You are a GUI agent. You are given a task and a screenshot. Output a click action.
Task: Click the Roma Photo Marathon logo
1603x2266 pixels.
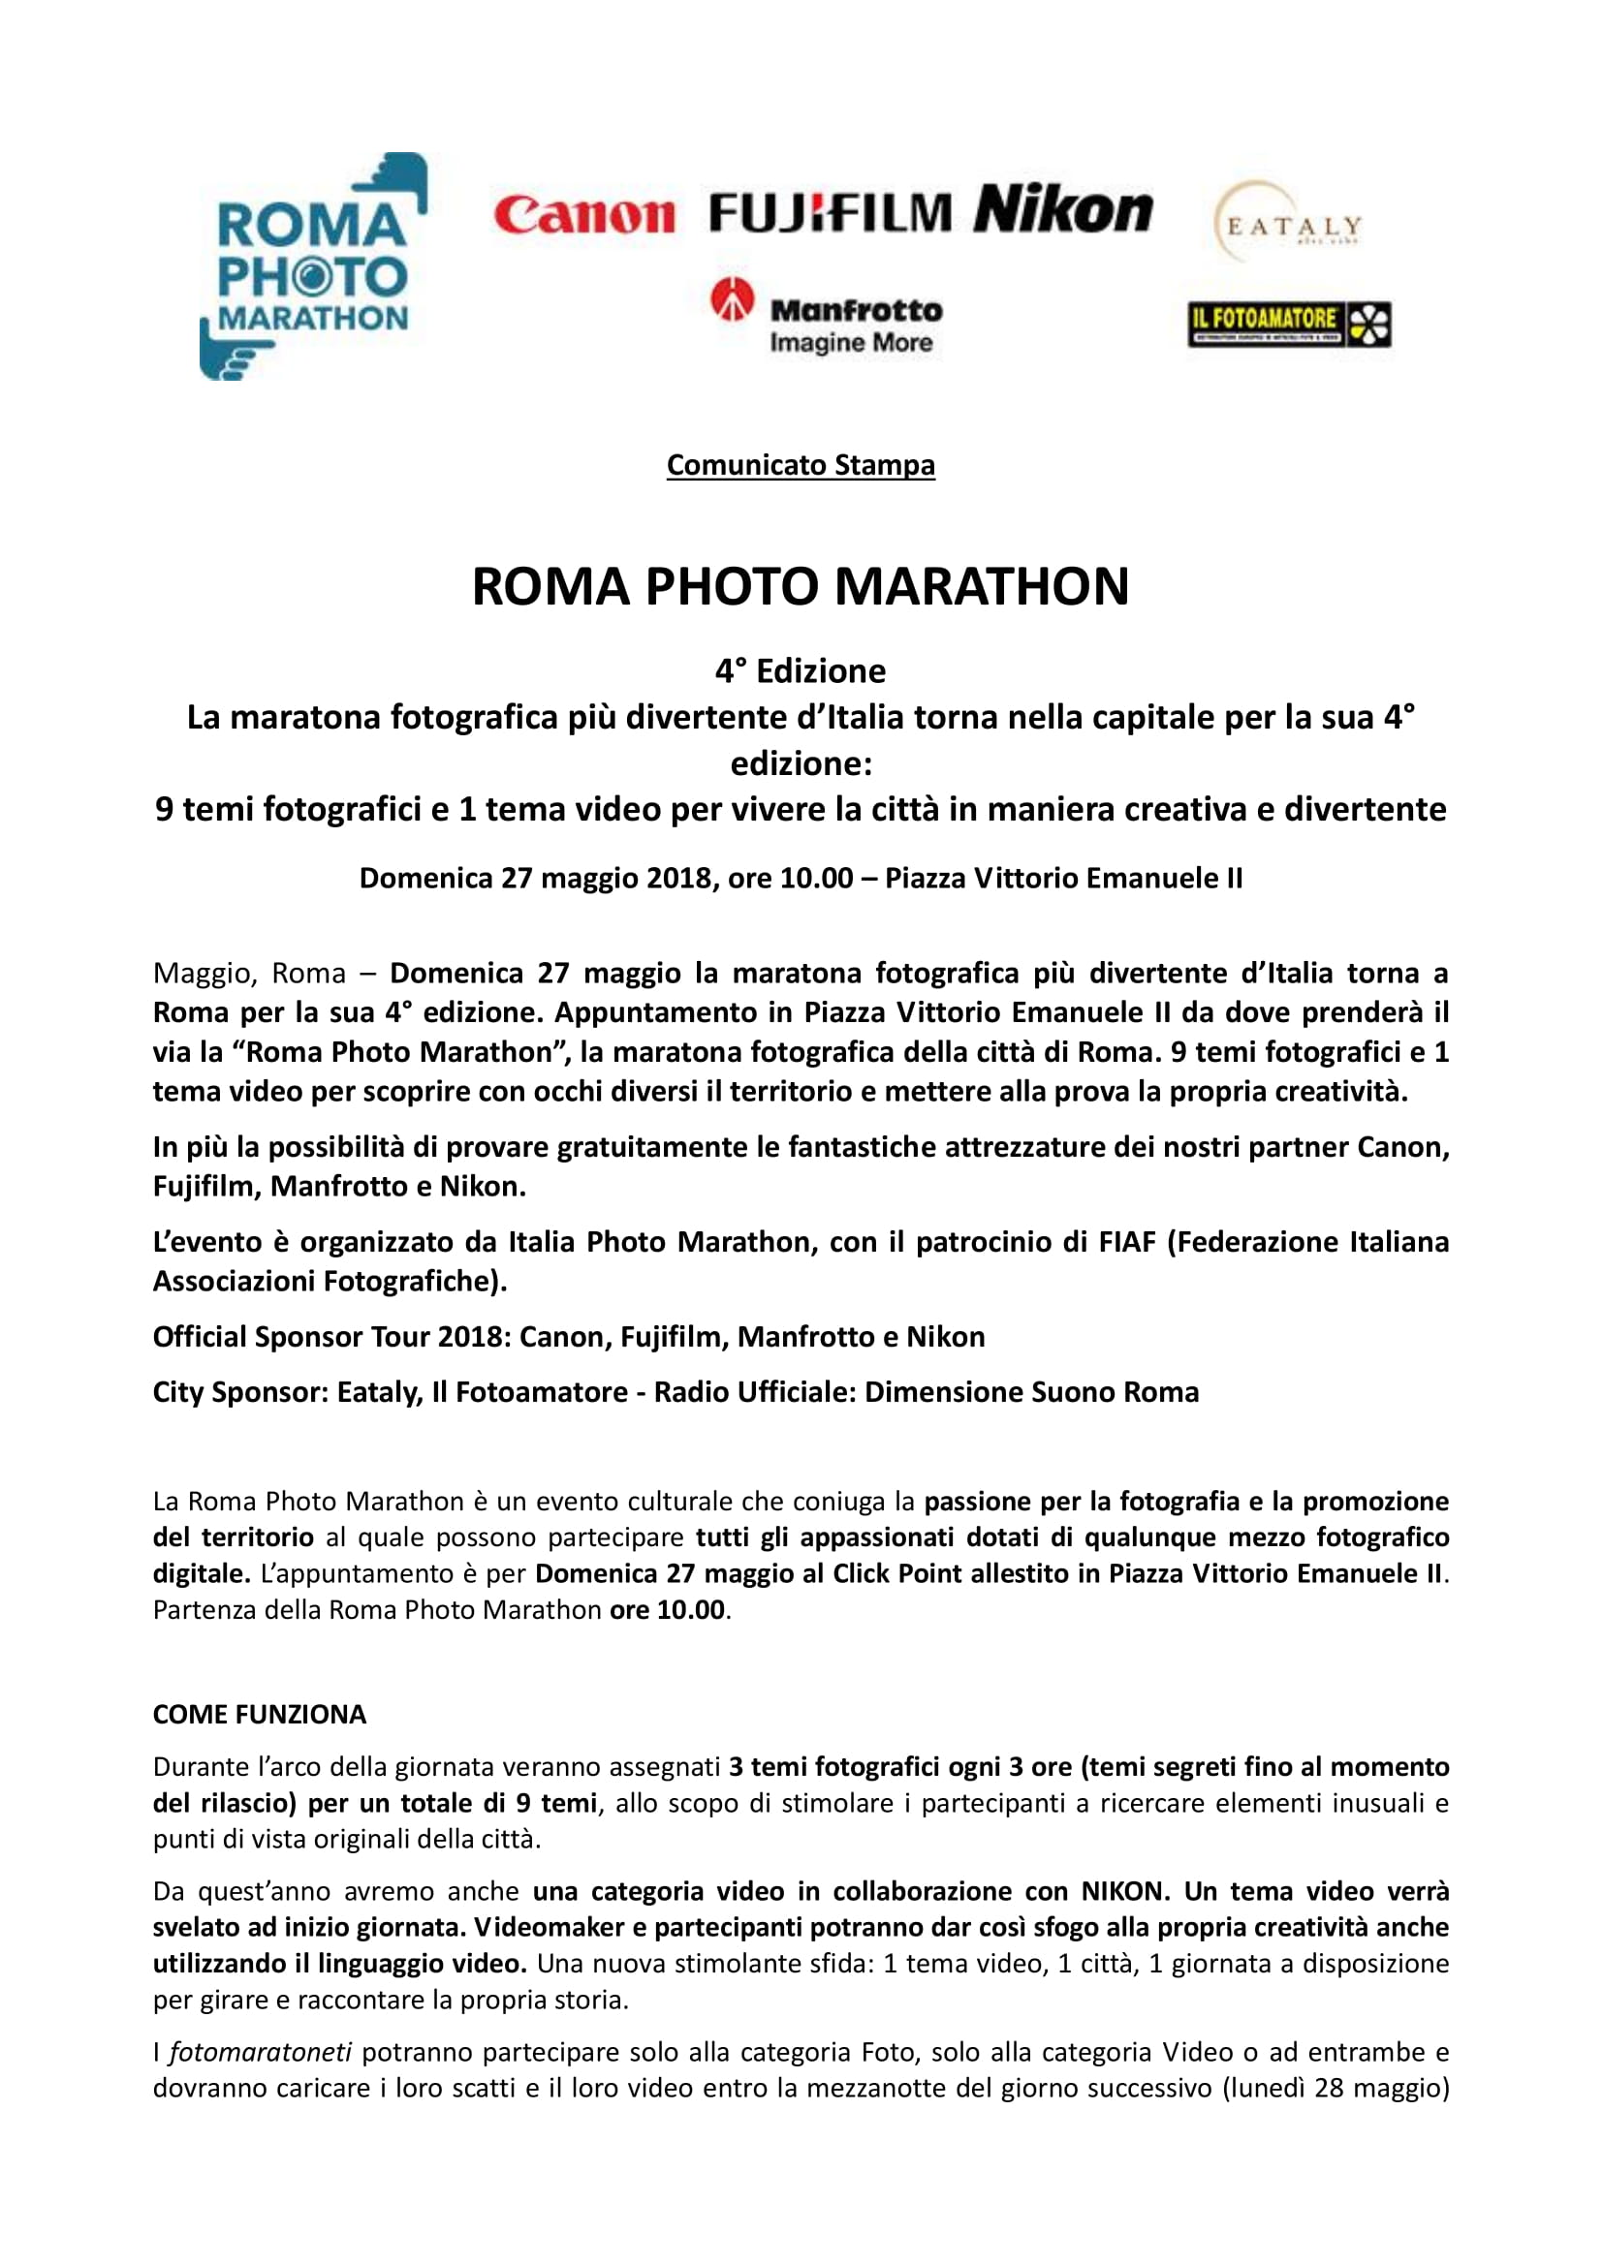pos(312,266)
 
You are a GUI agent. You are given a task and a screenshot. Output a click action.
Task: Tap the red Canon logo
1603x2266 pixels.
pos(583,214)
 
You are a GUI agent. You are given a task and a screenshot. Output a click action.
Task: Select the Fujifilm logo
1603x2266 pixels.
pos(831,212)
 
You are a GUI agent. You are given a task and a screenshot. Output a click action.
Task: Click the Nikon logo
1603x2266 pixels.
pos(1063,209)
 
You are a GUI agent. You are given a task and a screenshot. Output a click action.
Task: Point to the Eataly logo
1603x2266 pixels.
pos(1289,223)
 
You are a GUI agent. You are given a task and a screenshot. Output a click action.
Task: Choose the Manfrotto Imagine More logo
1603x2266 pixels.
pos(827,316)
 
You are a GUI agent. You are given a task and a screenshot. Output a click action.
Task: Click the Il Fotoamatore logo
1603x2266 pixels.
pos(1288,324)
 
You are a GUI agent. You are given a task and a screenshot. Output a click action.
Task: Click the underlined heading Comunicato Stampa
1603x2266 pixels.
pos(801,465)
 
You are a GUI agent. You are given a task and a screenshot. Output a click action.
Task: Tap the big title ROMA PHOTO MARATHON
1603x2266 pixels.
pos(801,586)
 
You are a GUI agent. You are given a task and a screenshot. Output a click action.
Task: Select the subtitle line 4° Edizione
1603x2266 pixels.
pos(801,671)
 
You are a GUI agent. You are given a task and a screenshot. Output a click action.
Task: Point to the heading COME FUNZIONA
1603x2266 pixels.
pos(260,1715)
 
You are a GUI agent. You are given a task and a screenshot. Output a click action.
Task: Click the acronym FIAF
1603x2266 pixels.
pos(1126,1242)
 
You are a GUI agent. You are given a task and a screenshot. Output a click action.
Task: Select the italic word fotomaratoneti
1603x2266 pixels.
pos(261,2052)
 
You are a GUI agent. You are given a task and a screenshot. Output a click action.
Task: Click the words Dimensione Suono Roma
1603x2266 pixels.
pos(1031,1391)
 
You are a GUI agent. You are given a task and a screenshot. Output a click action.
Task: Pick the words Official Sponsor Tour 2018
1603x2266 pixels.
pos(329,1336)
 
